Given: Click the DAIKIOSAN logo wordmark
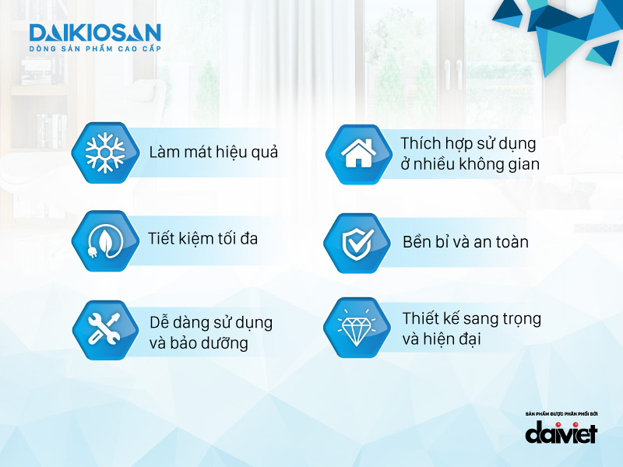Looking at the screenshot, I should (94, 33).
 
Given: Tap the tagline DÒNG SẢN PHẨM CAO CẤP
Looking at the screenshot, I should (94, 49).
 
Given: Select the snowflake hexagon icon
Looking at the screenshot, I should (101, 152).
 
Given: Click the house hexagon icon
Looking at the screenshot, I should (355, 153).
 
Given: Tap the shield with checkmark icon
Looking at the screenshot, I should (355, 242).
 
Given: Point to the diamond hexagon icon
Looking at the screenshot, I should (355, 328).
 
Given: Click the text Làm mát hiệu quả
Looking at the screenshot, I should (213, 152).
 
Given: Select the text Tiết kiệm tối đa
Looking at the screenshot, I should (202, 239).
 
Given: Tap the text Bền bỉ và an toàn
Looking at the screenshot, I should (466, 242).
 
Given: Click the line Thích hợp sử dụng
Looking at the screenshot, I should (468, 145).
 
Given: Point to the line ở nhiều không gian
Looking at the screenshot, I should (470, 165).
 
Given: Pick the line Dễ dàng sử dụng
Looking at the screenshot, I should (210, 322).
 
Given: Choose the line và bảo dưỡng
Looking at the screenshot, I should (199, 342).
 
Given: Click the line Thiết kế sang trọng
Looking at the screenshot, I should (472, 319).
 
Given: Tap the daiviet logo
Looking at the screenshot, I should (561, 433).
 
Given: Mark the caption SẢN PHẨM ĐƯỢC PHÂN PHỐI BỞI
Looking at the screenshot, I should (561, 413).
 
